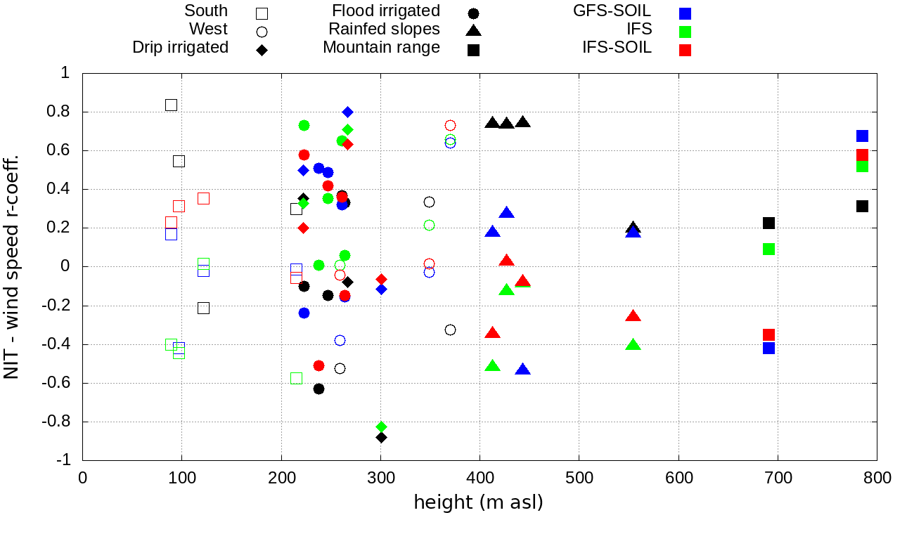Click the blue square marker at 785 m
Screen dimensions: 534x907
pos(862,136)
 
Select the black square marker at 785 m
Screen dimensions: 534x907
pos(862,206)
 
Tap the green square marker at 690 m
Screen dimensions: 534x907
pos(768,249)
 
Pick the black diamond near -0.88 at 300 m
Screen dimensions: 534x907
pos(381,437)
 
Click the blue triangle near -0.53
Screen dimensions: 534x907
pos(522,370)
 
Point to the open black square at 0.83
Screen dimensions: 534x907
pos(171,105)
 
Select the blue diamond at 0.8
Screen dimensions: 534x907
pos(347,112)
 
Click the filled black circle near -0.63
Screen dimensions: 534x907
pos(319,389)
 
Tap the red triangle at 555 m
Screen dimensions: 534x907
pos(633,316)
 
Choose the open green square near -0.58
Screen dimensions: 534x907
pos(296,378)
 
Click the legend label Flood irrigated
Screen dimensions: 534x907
pos(386,11)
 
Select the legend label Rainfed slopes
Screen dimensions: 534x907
pos(384,30)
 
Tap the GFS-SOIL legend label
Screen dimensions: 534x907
pos(612,11)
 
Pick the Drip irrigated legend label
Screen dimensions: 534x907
pos(181,48)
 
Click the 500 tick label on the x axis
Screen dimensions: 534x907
pos(579,478)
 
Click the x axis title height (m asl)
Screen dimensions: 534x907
pos(479,503)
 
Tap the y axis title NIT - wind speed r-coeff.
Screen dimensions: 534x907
pos(12,266)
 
